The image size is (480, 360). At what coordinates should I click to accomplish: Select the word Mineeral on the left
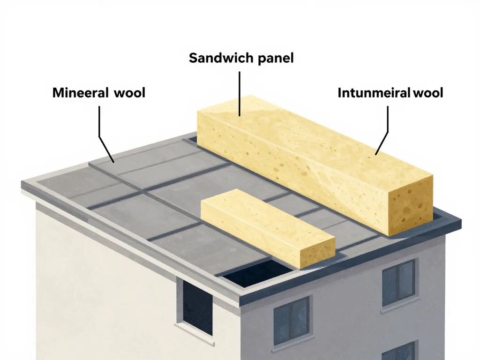click(80, 93)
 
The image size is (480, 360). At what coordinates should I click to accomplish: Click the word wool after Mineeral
click(129, 93)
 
